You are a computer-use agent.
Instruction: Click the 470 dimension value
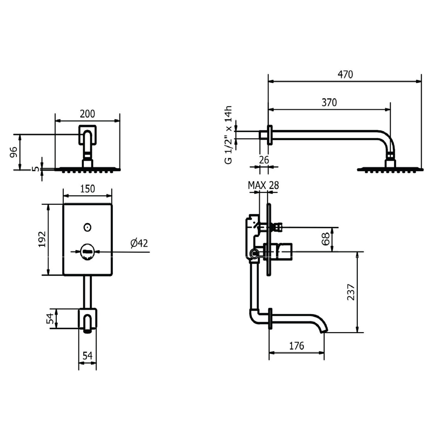point(345,75)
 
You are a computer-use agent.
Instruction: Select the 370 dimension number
point(329,102)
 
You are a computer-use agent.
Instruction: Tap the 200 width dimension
point(87,114)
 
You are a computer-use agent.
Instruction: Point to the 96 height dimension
point(14,152)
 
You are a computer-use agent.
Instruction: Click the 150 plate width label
point(87,189)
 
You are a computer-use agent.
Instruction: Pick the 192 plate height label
point(42,239)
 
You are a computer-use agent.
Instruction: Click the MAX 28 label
point(263,185)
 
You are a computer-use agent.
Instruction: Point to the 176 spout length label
point(297,346)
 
